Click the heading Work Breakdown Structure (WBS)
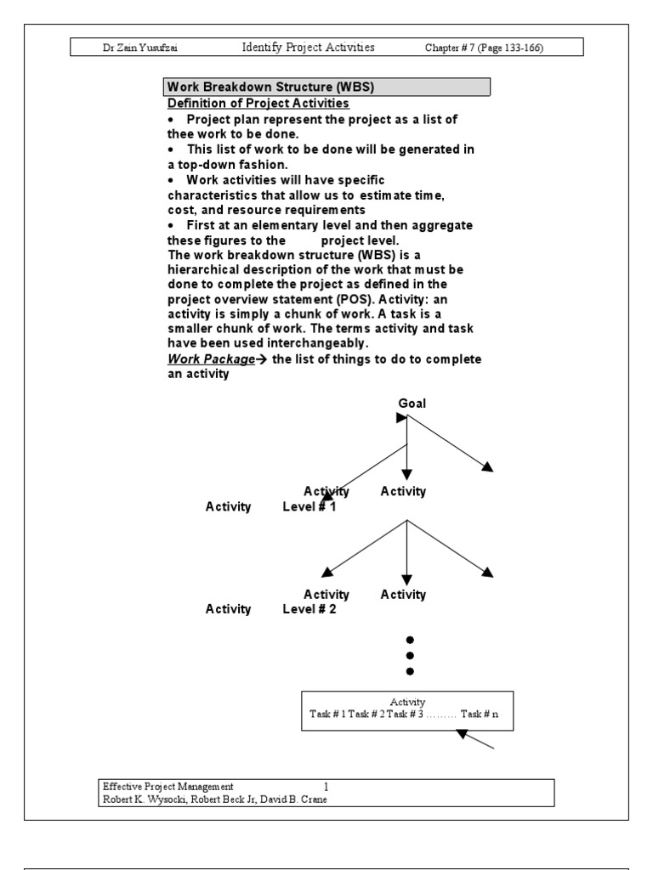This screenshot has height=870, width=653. pos(271,87)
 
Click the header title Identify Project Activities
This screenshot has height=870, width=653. pos(308,48)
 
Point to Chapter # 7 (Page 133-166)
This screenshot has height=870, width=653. pos(484,48)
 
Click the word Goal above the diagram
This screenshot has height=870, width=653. pos(412,403)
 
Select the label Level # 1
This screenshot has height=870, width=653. pos(309,507)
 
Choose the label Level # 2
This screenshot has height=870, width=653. pos(309,608)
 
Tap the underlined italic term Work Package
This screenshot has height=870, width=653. pos(211,359)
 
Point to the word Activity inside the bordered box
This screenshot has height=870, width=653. pos(407,702)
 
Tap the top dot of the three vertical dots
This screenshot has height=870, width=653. pos(410,639)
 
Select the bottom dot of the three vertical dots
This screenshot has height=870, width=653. pos(410,671)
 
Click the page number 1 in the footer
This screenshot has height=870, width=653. pos(326,787)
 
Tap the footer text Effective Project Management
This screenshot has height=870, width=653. pos(168,787)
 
